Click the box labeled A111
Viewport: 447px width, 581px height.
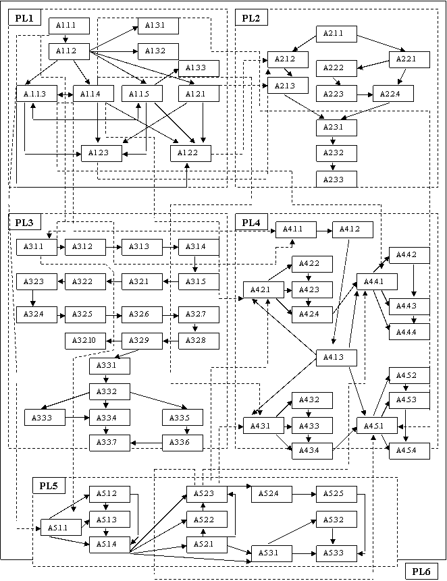pos(65,26)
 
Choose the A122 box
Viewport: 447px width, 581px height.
pos(190,154)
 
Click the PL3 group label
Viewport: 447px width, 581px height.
pos(24,222)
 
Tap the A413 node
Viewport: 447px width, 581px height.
pos(336,357)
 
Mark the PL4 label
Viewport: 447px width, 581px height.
pos(251,222)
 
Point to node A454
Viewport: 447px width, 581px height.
pos(409,449)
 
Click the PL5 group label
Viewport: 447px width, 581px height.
pos(48,485)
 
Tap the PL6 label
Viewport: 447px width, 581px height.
pos(421,572)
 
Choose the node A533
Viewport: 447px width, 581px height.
pos(336,553)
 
